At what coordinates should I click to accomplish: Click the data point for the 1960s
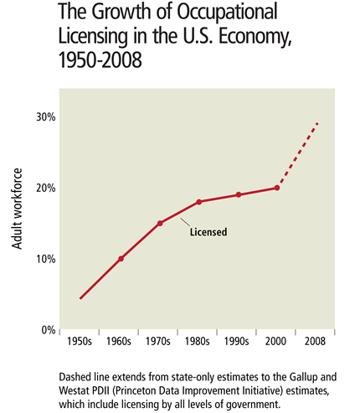click(121, 259)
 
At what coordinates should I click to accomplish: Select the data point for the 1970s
click(160, 223)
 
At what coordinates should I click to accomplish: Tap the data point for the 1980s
click(198, 202)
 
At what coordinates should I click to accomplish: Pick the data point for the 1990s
click(239, 194)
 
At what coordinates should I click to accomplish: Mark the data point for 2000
click(277, 188)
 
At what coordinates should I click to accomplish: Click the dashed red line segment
click(298, 155)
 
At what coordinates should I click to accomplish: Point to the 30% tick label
click(45, 116)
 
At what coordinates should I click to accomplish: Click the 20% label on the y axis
click(45, 188)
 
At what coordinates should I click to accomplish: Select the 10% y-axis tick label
click(45, 259)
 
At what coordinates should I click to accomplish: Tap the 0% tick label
click(48, 330)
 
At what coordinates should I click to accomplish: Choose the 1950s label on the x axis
click(81, 342)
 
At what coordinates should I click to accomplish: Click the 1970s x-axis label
click(160, 342)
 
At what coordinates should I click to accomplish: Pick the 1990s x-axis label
click(239, 342)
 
